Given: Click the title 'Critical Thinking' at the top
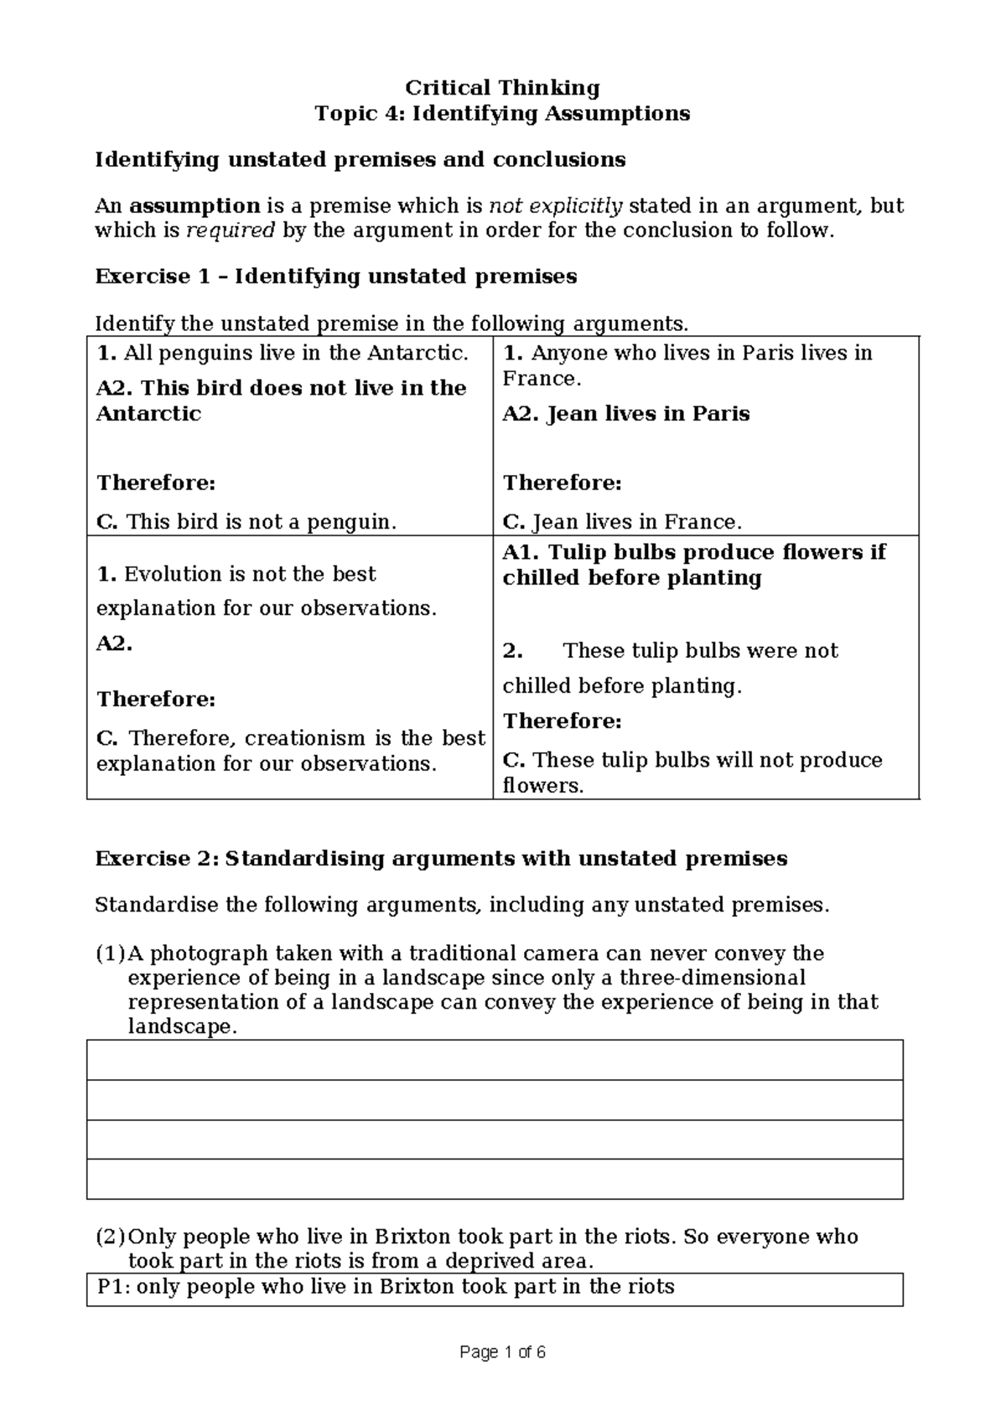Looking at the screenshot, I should pyautogui.click(x=502, y=88).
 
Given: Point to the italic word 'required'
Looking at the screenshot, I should pyautogui.click(x=230, y=230).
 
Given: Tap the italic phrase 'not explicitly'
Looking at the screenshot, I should pyautogui.click(x=555, y=206).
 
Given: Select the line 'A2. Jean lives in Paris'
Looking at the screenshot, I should pyautogui.click(x=625, y=414).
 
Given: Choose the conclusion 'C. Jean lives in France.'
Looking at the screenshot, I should pyautogui.click(x=622, y=523).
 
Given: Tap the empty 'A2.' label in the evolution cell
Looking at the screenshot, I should pyautogui.click(x=114, y=643).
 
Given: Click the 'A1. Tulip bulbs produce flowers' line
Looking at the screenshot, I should pyautogui.click(x=693, y=553).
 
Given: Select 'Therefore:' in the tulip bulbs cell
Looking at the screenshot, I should pyautogui.click(x=562, y=721).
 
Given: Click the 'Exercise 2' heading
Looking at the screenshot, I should pyautogui.click(x=441, y=859).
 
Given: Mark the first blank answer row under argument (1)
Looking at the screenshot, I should pyautogui.click(x=495, y=1060).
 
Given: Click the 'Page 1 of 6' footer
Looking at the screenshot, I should pyautogui.click(x=502, y=1352).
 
